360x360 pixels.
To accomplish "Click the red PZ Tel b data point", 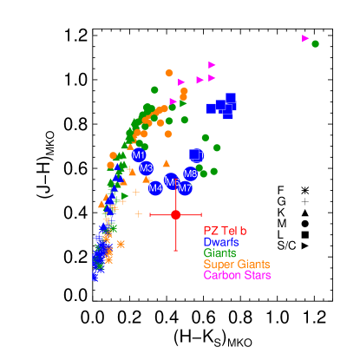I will (175, 214).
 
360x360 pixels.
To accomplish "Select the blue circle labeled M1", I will (139, 155).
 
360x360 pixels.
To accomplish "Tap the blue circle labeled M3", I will (146, 168).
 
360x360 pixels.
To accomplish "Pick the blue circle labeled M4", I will (155, 187).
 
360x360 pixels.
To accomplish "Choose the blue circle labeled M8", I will (191, 174).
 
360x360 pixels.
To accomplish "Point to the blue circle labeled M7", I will (185, 188).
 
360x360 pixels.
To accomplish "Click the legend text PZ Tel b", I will (225, 231).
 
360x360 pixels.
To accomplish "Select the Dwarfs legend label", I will (221, 242).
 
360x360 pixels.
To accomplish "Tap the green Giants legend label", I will (220, 253).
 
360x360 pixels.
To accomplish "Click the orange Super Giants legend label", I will (236, 265).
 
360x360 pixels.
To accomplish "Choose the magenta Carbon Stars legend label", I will (237, 275).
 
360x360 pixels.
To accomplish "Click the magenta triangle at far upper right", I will (305, 38).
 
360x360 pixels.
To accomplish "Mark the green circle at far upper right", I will (315, 43).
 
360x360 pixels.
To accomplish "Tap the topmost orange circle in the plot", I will (169, 73).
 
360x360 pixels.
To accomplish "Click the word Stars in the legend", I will (257, 275).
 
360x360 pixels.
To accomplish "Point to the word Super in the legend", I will (219, 265).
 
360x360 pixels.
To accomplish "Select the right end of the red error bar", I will (201, 214).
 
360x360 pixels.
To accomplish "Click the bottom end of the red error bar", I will (175, 251).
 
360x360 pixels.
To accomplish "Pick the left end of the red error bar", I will (150, 214).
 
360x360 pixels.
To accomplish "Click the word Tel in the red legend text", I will (229, 231).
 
